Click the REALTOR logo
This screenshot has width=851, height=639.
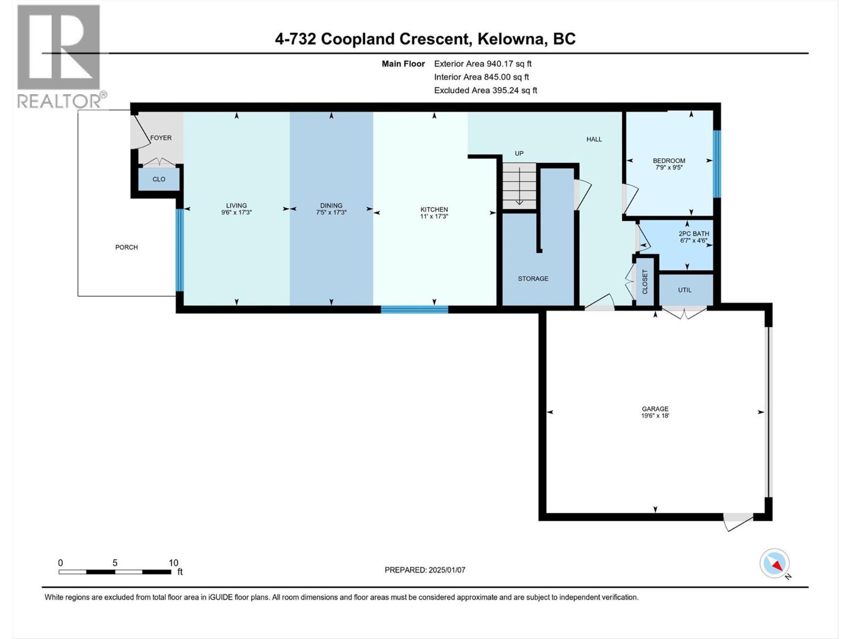click(x=59, y=56)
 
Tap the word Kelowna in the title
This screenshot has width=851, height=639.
click(x=512, y=39)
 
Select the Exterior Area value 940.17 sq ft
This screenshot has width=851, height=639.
click(x=509, y=63)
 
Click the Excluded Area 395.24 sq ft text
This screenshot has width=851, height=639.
click(x=485, y=90)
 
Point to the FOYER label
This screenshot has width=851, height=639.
click(x=161, y=138)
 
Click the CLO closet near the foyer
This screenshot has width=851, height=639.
click(x=158, y=179)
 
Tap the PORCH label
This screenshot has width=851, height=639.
click(x=127, y=247)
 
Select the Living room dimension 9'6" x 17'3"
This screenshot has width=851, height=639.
click(x=236, y=212)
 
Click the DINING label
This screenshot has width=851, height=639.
click(x=331, y=206)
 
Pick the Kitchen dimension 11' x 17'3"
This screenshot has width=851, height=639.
click(x=434, y=216)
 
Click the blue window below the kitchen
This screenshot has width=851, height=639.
click(x=414, y=309)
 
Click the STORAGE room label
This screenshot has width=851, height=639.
click(x=533, y=278)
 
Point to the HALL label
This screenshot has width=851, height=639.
click(x=594, y=140)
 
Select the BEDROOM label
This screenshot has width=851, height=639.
click(x=669, y=161)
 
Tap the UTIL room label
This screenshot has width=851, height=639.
click(x=685, y=290)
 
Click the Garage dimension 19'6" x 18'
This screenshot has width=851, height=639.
click(x=655, y=416)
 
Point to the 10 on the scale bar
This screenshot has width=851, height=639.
click(x=173, y=563)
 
